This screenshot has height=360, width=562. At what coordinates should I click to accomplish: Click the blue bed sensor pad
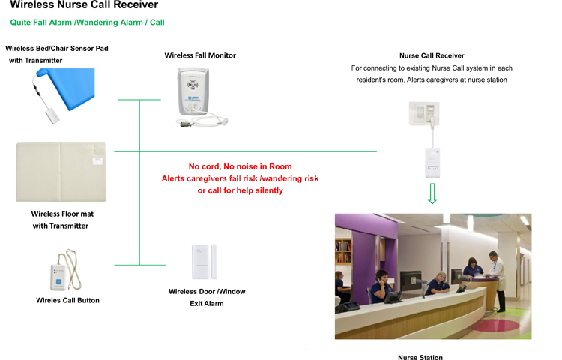coord(75,84)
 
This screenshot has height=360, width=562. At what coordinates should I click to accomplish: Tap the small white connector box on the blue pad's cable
coord(52,114)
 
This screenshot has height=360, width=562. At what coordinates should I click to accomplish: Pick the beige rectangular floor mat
coord(60,171)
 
